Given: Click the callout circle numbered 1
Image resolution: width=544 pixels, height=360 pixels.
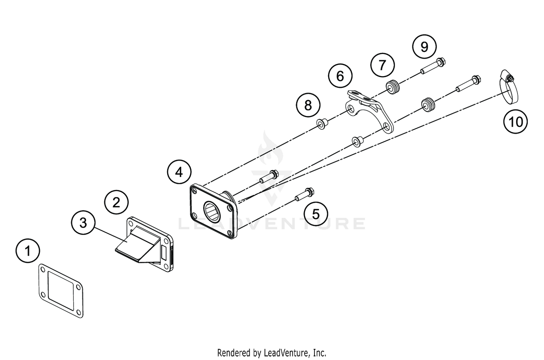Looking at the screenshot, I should click(28, 251).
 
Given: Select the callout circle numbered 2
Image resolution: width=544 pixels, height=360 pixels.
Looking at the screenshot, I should click(116, 202).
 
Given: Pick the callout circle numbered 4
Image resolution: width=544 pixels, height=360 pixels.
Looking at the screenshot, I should click(179, 172).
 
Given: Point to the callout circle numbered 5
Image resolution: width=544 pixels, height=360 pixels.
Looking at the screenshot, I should click(316, 214).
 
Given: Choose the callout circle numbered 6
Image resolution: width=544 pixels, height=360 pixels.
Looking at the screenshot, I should click(340, 76).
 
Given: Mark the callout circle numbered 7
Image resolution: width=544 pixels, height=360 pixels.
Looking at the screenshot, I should click(382, 65).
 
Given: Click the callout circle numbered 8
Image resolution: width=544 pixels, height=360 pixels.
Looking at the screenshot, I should click(308, 105).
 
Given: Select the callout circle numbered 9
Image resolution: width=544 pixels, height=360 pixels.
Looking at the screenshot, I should click(424, 47).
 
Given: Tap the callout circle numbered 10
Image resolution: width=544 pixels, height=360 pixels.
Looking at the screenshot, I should click(515, 121).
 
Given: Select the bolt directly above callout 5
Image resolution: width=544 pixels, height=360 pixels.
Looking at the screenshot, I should click(305, 194).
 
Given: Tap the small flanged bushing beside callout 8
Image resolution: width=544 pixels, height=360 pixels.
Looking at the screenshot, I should click(321, 124).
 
